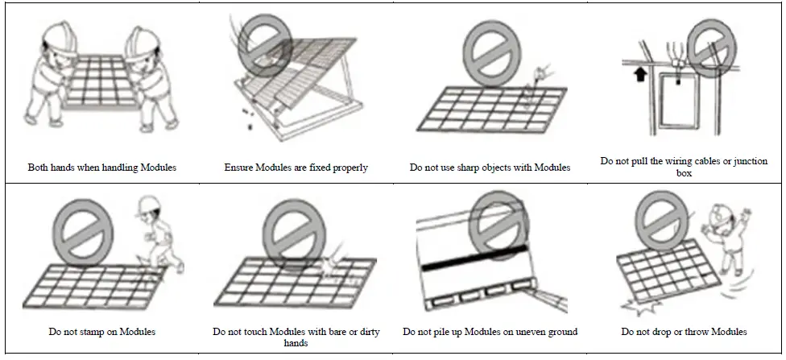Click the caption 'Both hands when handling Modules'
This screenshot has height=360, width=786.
click(101, 168)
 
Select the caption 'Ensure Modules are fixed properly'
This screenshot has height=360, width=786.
click(296, 168)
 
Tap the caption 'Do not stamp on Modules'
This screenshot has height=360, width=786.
click(101, 332)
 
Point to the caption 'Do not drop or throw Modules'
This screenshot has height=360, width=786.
click(684, 332)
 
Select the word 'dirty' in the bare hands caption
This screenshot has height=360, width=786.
click(370, 332)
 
